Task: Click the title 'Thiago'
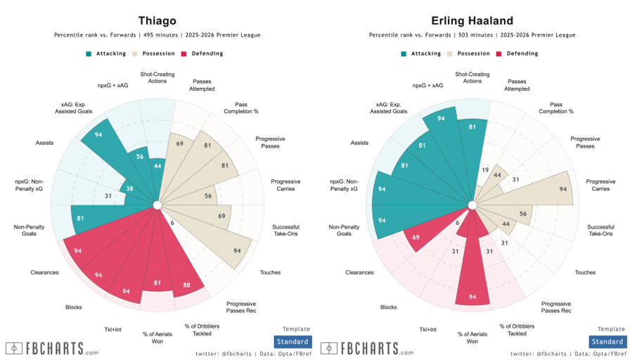click(x=157, y=21)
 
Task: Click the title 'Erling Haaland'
click(x=472, y=21)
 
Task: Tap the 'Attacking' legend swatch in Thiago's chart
click(x=89, y=53)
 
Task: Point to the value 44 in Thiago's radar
click(x=157, y=166)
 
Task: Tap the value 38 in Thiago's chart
click(x=129, y=189)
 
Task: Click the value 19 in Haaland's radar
click(x=484, y=170)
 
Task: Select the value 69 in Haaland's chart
click(x=417, y=238)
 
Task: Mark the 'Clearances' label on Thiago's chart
click(x=45, y=272)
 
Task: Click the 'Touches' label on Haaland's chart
click(x=585, y=272)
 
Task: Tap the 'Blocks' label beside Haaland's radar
click(x=389, y=307)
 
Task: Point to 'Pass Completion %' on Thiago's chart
click(x=241, y=108)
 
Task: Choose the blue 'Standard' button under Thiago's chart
click(x=292, y=342)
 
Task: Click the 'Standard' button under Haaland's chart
click(x=607, y=342)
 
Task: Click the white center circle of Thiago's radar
click(x=157, y=205)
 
